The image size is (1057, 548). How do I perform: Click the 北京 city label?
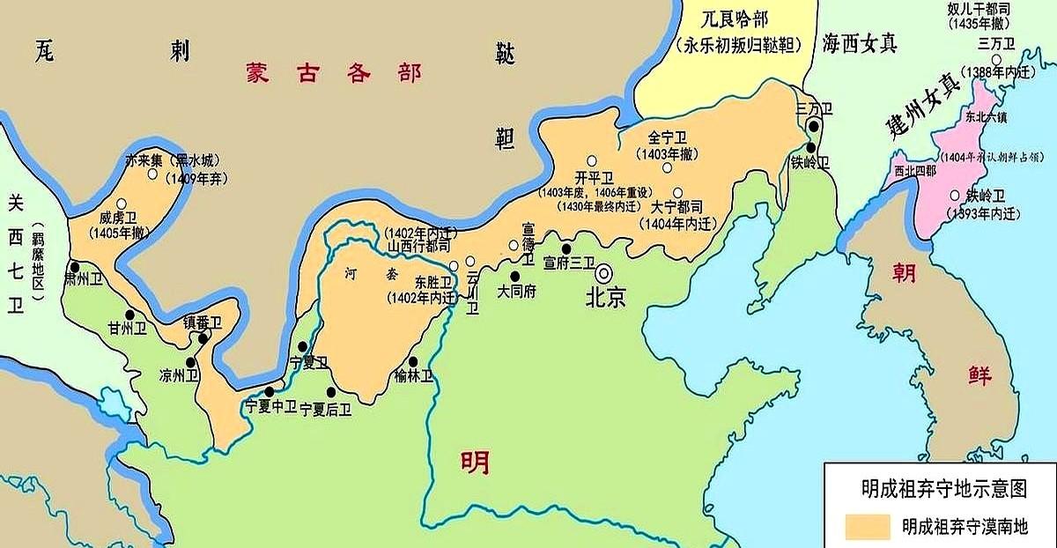(606, 298)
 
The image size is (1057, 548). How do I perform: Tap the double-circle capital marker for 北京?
(605, 272)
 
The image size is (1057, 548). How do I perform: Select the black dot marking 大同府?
(515, 276)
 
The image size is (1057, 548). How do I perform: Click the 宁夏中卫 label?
(270, 407)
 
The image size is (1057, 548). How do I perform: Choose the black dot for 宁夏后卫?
(331, 392)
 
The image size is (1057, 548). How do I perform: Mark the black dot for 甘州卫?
(129, 315)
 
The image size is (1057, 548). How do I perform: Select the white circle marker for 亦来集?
(153, 174)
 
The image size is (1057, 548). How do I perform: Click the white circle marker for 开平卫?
(592, 161)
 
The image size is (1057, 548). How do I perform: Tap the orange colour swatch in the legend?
(867, 526)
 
